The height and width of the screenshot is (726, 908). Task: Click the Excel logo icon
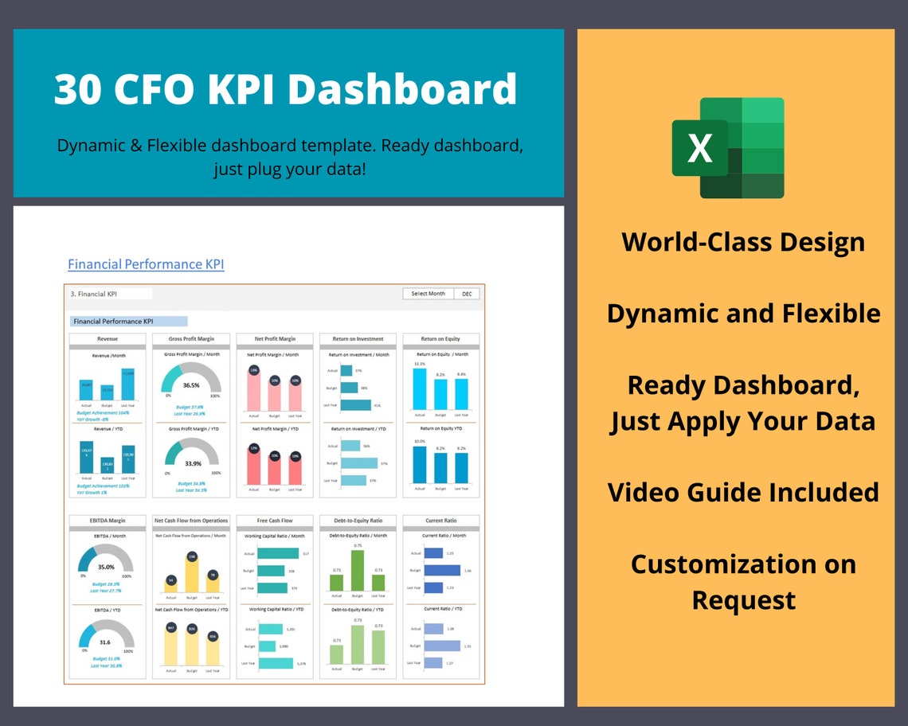(728, 148)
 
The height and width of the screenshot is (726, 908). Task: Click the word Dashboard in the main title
(402, 89)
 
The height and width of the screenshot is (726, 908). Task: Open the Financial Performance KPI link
(146, 264)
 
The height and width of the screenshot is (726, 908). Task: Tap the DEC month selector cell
(467, 294)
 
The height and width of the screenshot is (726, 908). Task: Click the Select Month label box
(429, 294)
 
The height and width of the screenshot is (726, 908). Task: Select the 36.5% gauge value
(191, 385)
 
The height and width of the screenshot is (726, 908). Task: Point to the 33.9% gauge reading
(191, 463)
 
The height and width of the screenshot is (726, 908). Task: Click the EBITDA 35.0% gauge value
(107, 568)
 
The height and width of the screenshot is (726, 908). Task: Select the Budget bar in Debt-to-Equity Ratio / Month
(357, 569)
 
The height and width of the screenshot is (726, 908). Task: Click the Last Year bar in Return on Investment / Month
(356, 405)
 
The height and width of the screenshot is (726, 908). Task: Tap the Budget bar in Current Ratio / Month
(442, 570)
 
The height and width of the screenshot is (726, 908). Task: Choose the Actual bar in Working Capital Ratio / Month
(278, 553)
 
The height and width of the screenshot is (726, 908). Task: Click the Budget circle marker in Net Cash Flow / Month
(191, 556)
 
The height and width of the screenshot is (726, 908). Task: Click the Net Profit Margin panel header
(274, 339)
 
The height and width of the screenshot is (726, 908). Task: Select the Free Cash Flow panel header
(274, 521)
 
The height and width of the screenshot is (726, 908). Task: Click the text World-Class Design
(742, 242)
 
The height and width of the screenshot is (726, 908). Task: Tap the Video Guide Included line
(742, 492)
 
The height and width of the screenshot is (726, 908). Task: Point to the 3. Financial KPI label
(88, 294)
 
